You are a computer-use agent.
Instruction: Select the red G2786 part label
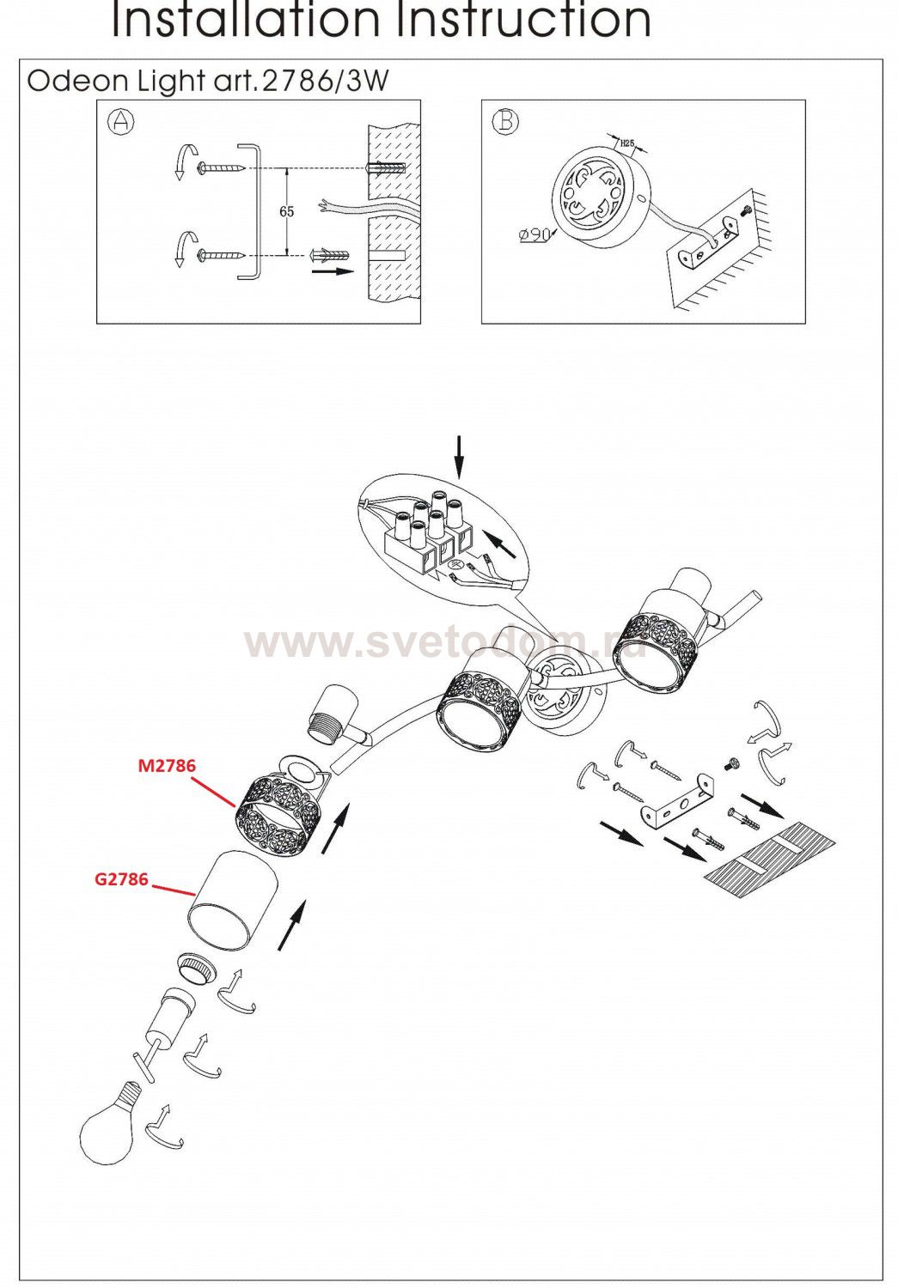121,879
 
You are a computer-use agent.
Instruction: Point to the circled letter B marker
505,121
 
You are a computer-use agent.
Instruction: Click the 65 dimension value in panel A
286,211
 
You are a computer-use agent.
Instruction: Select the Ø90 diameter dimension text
534,234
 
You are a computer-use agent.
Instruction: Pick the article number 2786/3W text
326,82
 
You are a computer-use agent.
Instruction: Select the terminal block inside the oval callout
426,533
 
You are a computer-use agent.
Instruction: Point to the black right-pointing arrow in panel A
332,270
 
